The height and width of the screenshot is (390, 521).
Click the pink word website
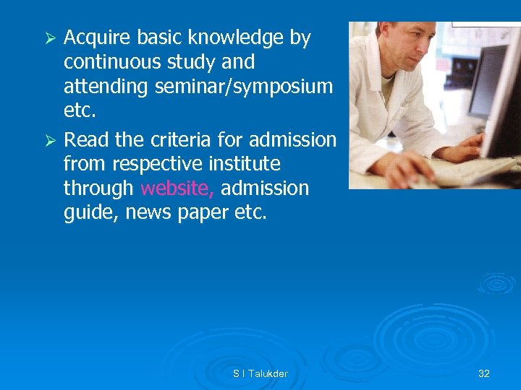[177, 188]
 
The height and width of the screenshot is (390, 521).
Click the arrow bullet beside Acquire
[51, 38]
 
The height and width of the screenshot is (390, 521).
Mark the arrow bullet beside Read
[51, 139]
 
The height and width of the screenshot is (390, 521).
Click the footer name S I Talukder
[260, 373]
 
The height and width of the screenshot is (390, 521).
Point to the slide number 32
[484, 373]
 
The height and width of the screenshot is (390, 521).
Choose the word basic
[168, 38]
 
